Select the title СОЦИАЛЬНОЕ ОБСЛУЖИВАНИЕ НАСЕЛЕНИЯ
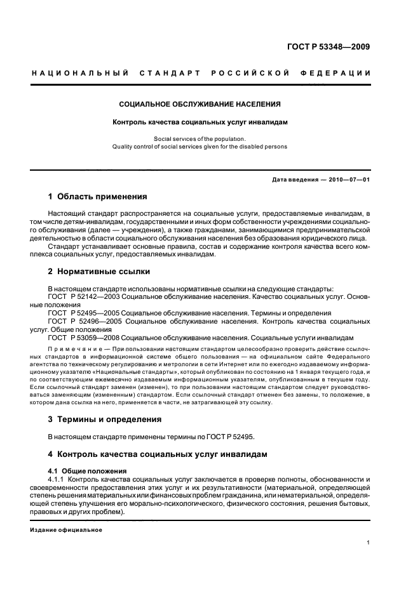tap(200, 104)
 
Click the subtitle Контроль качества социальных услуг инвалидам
tap(200, 122)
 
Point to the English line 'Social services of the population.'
tap(200, 138)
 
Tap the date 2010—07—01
tap(349, 180)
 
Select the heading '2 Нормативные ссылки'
tap(99, 272)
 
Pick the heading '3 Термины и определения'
tap(105, 419)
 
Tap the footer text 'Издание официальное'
tap(66, 529)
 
